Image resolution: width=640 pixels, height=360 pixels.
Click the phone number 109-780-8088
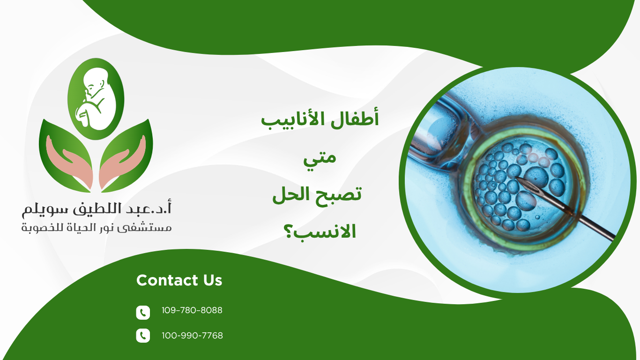tap(192, 310)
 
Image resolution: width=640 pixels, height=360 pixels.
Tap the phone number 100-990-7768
tap(192, 336)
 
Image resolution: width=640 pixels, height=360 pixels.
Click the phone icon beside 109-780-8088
tap(143, 312)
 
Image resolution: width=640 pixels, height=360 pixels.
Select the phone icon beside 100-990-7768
tap(143, 336)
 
